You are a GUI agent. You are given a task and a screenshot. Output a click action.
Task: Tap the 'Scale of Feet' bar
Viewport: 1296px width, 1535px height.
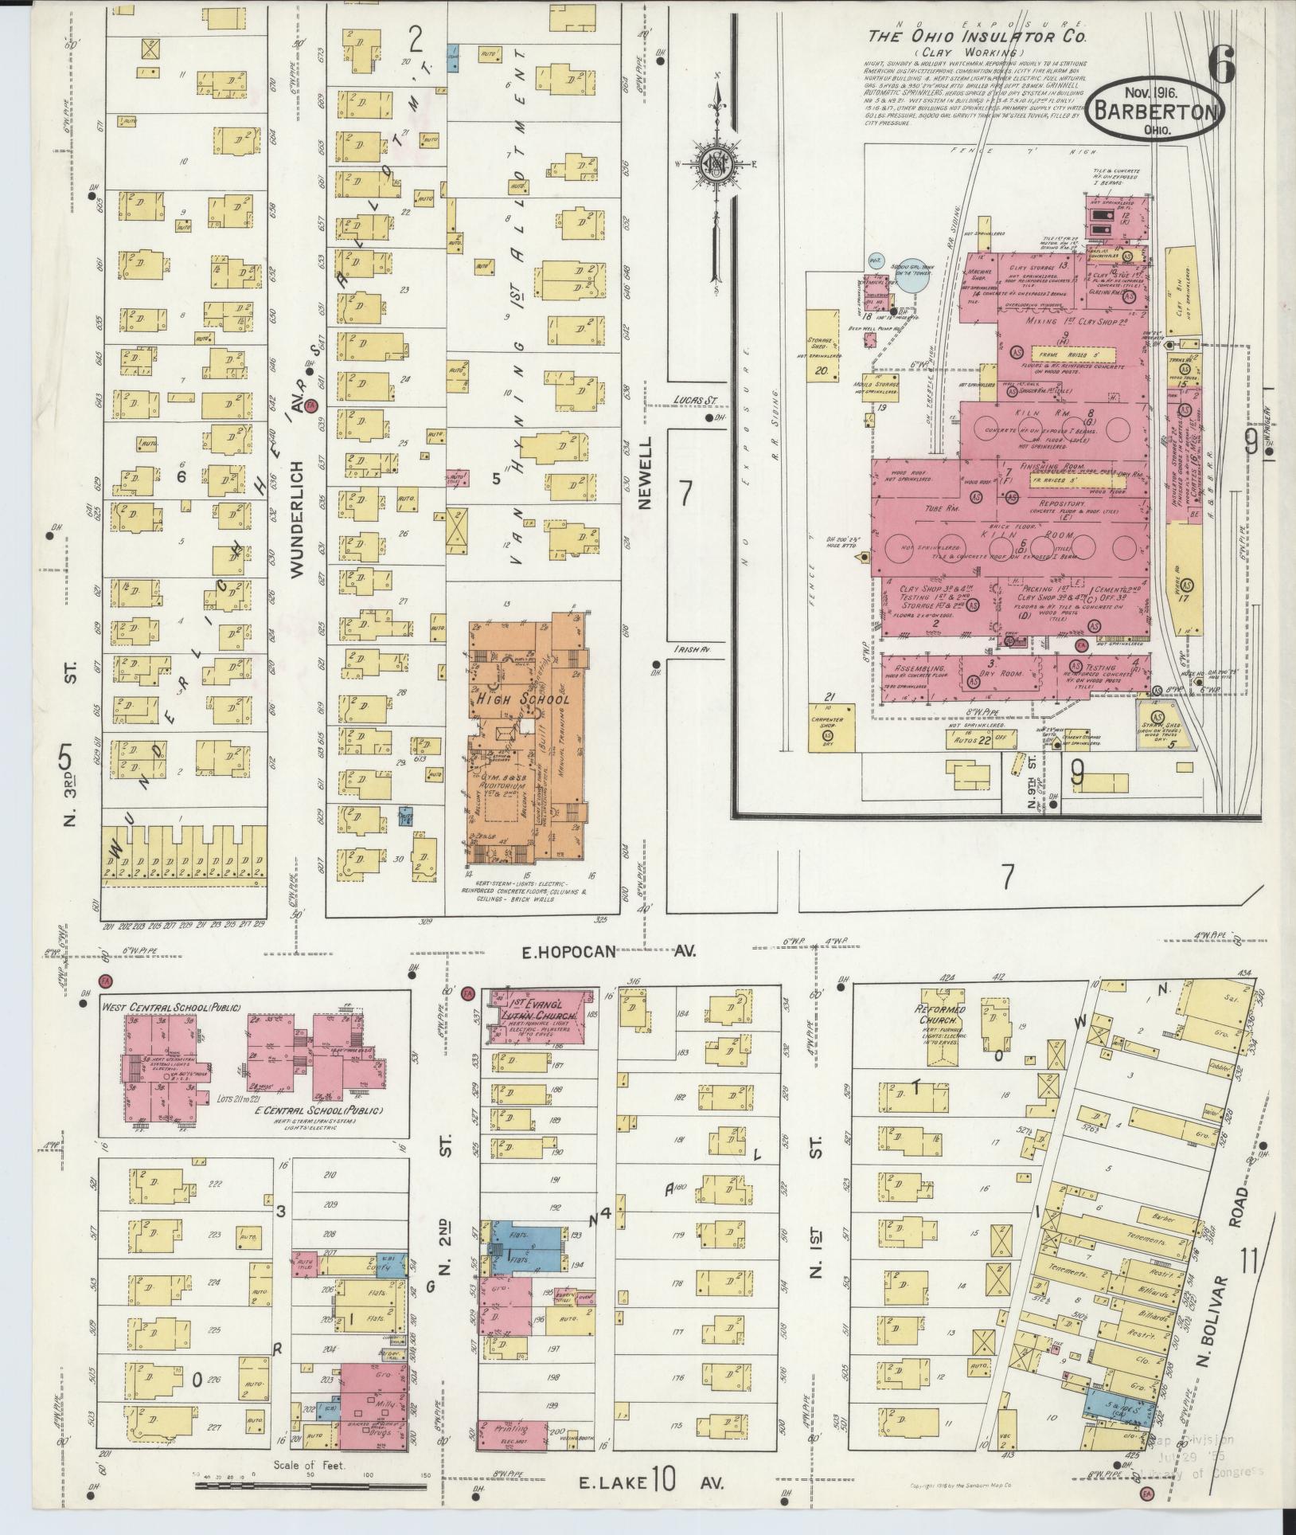point(313,1485)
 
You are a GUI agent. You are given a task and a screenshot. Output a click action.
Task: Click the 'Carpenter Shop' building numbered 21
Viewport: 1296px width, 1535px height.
point(827,726)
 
